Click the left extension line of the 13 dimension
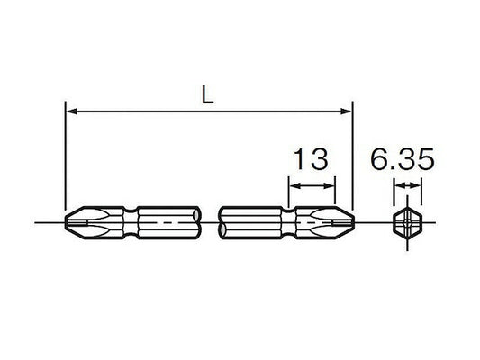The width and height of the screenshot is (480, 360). coord(287,193)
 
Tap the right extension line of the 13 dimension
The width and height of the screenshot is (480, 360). coord(335,193)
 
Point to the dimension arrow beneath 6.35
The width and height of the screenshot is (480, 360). coord(407,188)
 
